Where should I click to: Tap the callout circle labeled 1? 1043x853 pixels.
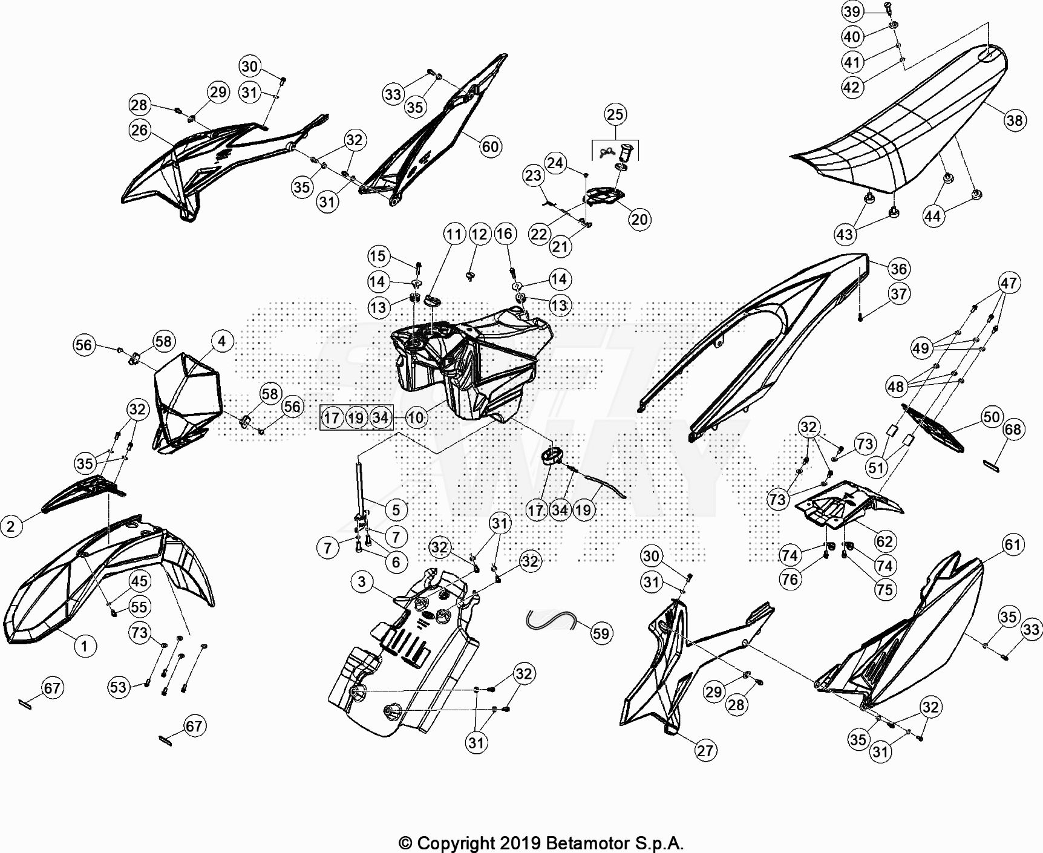click(x=85, y=646)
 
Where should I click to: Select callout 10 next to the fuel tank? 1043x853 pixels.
click(x=415, y=417)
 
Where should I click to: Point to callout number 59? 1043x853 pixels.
click(x=601, y=633)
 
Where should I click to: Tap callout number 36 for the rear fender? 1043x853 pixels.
click(x=899, y=269)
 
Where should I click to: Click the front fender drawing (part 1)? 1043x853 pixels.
click(x=109, y=581)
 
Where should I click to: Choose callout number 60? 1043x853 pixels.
click(x=490, y=146)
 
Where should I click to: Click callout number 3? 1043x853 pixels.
click(x=362, y=582)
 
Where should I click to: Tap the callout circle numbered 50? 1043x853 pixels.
click(x=992, y=417)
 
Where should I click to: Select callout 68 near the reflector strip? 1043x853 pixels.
click(x=1013, y=429)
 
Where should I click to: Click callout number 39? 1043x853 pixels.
click(x=852, y=11)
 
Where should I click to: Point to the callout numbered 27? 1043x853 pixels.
click(x=705, y=751)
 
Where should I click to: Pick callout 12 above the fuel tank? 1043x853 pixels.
click(x=479, y=234)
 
